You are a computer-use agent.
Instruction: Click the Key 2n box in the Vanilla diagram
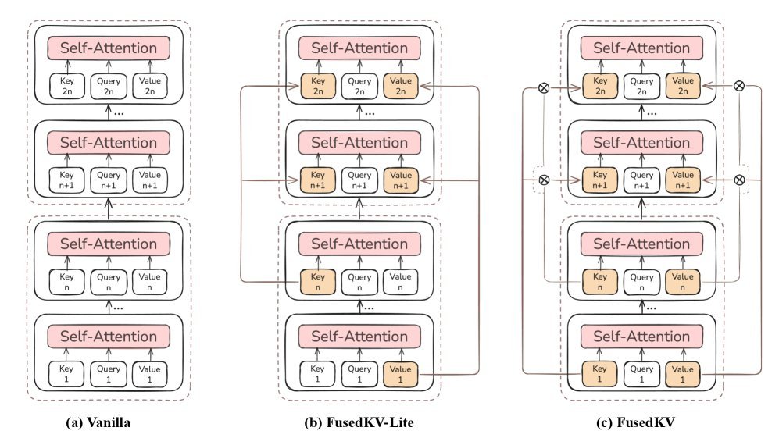pos(66,84)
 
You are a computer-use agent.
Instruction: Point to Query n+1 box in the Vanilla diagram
pos(109,179)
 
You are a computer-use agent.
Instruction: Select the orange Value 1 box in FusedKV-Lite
pos(402,373)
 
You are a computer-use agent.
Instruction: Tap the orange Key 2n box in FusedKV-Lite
pos(317,85)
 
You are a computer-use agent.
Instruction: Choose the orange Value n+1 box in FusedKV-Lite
pos(402,179)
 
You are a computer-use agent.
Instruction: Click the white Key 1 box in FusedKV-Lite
pos(317,373)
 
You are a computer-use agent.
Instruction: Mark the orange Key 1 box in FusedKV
pos(599,373)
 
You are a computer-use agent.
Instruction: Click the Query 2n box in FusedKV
pos(641,85)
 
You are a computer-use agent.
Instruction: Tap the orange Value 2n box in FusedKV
pos(683,85)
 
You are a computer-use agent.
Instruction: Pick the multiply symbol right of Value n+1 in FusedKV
pos(740,180)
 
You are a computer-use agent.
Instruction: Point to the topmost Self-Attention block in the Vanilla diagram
pos(109,48)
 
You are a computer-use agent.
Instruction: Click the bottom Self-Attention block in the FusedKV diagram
pos(641,336)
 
